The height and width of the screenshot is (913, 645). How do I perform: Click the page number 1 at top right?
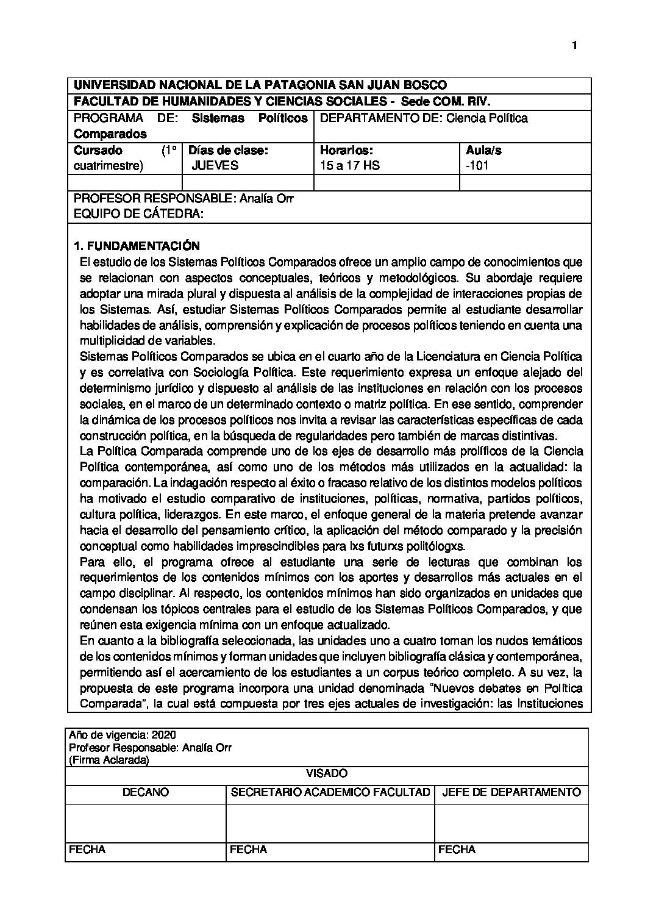pos(574,45)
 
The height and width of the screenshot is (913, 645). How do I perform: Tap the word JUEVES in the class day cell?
pos(215,165)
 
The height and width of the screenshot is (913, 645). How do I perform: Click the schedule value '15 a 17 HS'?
pos(349,165)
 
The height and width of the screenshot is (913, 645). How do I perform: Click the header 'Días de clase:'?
pos(228,150)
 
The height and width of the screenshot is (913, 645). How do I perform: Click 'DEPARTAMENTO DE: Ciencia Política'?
pos(424,118)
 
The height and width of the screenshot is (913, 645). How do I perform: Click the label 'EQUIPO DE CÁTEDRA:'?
pos(137,214)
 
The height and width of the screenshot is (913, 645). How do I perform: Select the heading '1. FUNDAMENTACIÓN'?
pos(136,246)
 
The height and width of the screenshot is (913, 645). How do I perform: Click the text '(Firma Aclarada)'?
pos(109,760)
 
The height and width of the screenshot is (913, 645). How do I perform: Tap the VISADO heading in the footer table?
pos(326,773)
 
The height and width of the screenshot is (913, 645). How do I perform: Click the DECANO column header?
pos(146,792)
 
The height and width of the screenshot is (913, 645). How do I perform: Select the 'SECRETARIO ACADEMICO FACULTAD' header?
pos(330,792)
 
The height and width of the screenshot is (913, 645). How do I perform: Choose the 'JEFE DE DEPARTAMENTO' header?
pos(511,792)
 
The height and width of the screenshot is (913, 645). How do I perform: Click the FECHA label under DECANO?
pos(87,849)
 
